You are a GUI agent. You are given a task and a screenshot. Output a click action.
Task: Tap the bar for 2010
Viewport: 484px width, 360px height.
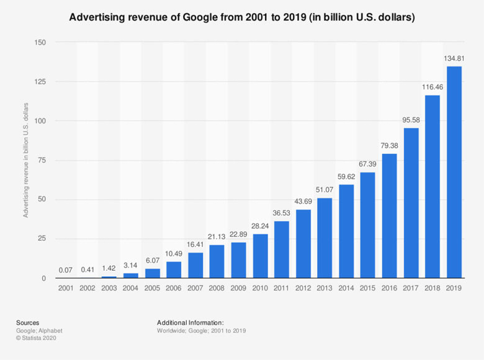260,256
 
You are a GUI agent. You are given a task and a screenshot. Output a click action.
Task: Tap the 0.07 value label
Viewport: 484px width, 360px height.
66,271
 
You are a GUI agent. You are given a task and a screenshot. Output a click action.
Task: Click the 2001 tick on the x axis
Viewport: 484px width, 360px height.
66,289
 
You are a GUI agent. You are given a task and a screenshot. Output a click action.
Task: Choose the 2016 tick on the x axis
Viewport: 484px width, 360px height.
390,289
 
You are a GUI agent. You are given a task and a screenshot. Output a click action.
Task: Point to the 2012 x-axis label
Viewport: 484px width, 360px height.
303,289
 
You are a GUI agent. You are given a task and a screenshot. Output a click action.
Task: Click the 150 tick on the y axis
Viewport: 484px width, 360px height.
40,42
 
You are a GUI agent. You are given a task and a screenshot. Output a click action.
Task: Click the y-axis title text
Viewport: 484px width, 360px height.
26,160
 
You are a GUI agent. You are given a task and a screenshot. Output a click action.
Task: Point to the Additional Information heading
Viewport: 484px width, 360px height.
190,323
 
